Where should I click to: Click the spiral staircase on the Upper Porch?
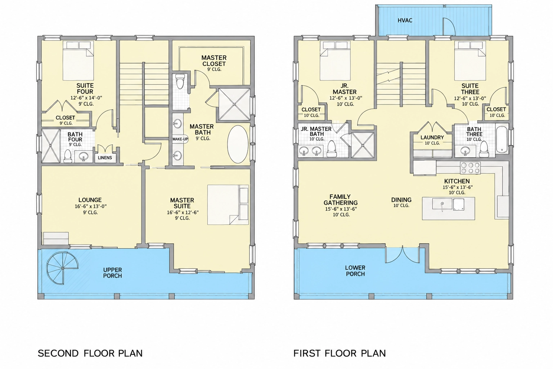(63, 268)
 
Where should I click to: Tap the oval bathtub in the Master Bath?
(238, 144)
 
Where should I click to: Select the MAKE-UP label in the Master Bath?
(180, 139)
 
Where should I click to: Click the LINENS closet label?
(105, 158)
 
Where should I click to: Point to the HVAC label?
(405, 20)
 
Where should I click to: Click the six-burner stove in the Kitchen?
(470, 168)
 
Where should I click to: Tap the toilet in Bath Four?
(67, 156)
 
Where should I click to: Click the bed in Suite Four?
(78, 61)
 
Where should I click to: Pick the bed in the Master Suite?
(228, 205)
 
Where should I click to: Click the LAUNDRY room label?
(432, 137)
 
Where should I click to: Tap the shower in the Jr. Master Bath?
(363, 145)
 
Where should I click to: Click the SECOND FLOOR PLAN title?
(90, 354)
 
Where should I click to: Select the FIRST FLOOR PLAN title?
(340, 354)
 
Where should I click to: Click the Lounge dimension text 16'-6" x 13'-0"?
(91, 206)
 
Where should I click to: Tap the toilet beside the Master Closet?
(180, 82)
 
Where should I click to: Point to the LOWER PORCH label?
(355, 271)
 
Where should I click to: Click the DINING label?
(401, 200)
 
